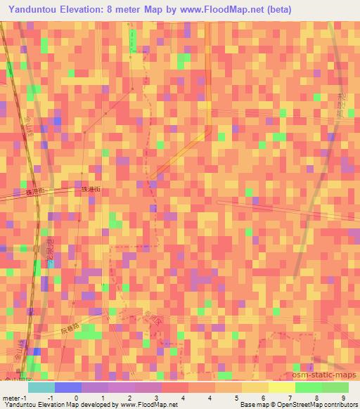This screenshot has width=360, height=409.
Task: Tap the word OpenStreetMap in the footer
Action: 297,405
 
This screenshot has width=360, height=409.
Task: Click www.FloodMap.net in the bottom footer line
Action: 148,405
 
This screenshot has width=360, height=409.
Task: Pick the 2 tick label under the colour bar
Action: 130,397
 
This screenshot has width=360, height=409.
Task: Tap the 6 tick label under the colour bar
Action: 262,397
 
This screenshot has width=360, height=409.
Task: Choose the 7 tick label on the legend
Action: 288,397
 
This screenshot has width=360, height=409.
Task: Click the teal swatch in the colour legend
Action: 41,387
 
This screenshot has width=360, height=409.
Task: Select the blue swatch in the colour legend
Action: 67,387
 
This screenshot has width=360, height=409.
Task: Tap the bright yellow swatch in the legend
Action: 281,387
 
